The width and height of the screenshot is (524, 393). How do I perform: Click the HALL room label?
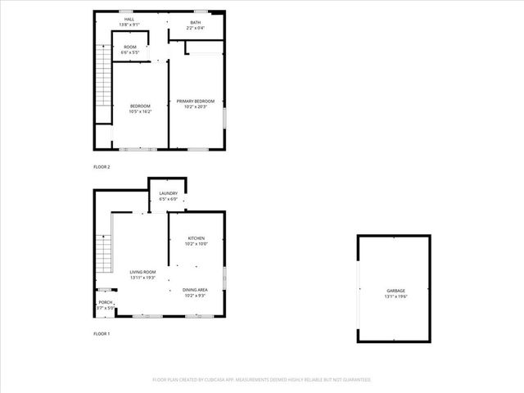[129, 19]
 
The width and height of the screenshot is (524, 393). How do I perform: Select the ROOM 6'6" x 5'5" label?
[130, 47]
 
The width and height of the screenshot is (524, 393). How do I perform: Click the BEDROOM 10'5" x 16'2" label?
[141, 106]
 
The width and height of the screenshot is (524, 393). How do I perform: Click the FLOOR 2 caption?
[102, 167]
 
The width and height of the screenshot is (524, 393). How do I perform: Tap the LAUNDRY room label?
[168, 193]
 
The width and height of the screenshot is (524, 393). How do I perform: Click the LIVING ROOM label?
[142, 272]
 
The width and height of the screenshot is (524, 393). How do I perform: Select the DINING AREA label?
[195, 290]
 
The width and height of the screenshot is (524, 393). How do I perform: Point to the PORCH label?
[106, 302]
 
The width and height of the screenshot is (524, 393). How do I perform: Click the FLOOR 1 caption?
[102, 334]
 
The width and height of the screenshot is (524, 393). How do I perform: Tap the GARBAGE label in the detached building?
[396, 291]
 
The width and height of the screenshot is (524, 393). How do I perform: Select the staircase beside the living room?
[103, 256]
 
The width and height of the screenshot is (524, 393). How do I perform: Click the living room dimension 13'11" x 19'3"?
[142, 278]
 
